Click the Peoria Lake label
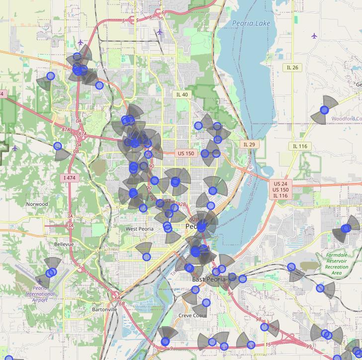pyautogui.click(x=251, y=23)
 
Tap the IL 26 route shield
pyautogui.click(x=292, y=68)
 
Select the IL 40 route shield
pyautogui.click(x=182, y=94)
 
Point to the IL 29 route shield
pyautogui.click(x=249, y=144)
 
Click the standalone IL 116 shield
pyautogui.click(x=300, y=146)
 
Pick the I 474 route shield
pyautogui.click(x=70, y=178)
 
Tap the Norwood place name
pyautogui.click(x=37, y=204)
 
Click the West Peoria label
pyautogui.click(x=139, y=229)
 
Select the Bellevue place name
pyautogui.click(x=64, y=244)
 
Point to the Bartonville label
pyautogui.click(x=104, y=309)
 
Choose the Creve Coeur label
pyautogui.click(x=192, y=316)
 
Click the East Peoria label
pyautogui.click(x=209, y=279)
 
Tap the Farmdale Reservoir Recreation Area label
pyautogui.click(x=337, y=264)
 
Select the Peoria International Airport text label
pyautogui.click(x=40, y=294)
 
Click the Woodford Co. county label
pyautogui.click(x=347, y=119)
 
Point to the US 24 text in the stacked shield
pyautogui.click(x=280, y=183)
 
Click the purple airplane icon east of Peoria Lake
pyautogui.click(x=314, y=36)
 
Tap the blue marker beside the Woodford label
pyautogui.click(x=325, y=110)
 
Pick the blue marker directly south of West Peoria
pyautogui.click(x=147, y=257)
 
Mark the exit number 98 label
pyautogui.click(x=259, y=319)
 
